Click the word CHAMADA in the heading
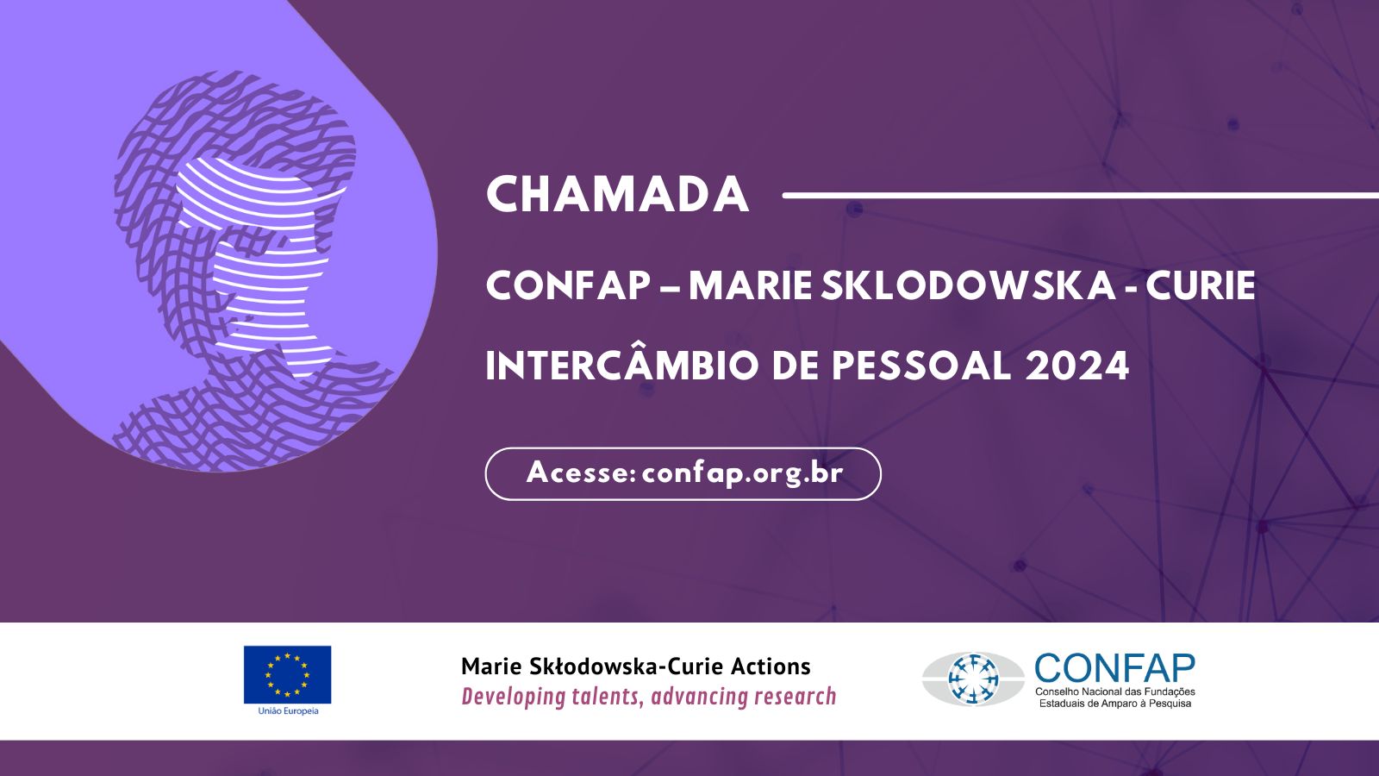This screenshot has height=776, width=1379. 617,195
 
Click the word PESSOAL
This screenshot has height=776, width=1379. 921,366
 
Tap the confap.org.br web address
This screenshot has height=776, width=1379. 742,473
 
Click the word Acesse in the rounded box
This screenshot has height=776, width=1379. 577,473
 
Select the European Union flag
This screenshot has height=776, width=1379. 288,674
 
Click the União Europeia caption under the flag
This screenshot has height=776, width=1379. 288,710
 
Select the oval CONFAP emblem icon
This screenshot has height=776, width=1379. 973,679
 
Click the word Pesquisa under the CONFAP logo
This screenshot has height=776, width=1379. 1169,704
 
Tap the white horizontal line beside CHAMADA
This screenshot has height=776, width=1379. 1081,195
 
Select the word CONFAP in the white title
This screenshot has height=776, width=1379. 568,285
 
